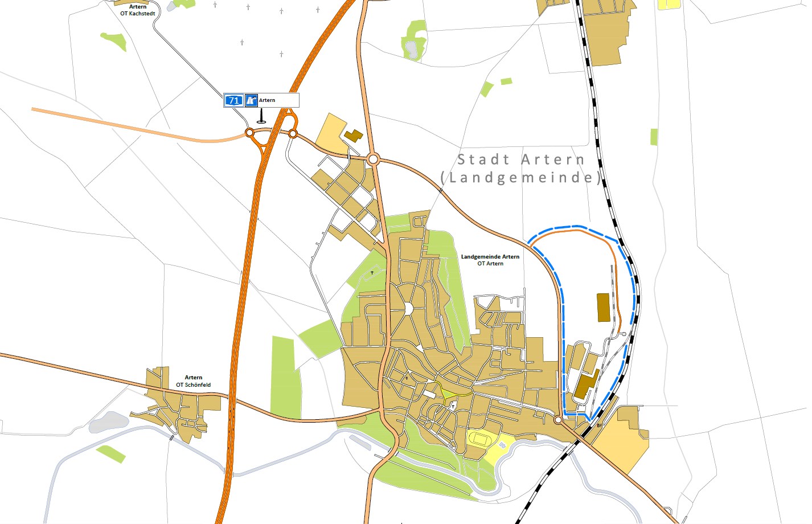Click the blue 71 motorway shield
tap(233, 101)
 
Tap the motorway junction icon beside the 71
tap(251, 101)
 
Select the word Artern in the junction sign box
tap(267, 100)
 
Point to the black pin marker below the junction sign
tap(261, 117)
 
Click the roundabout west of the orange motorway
tap(249, 133)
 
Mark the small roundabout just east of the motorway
tap(293, 133)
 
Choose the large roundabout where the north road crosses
tap(374, 159)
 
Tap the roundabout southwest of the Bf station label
tap(559, 420)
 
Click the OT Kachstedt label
tap(137, 14)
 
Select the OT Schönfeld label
tap(193, 385)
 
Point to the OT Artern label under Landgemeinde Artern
tap(490, 264)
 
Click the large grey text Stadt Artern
tap(521, 159)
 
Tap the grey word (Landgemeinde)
tap(521, 178)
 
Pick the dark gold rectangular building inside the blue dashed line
tap(602, 308)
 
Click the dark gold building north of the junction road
tap(353, 136)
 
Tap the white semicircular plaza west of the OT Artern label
tap(408, 309)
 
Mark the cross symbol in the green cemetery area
tap(372, 273)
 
